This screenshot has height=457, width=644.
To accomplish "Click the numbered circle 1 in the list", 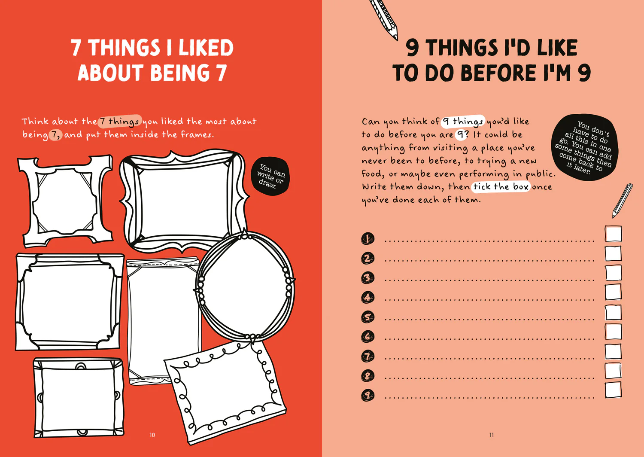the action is [368, 239].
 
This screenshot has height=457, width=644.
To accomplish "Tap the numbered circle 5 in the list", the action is [368, 317].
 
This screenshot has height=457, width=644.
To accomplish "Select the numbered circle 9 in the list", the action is [368, 395].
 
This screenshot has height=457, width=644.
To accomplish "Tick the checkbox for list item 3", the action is [613, 273].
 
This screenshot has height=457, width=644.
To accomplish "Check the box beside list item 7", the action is [613, 351].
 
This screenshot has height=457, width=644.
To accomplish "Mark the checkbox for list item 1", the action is [613, 234].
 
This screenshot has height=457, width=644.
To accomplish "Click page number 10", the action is [152, 435].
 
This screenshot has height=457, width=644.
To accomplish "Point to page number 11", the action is [492, 435].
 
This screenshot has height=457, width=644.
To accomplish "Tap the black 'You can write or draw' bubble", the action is [270, 176].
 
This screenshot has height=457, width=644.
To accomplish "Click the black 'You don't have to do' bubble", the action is [584, 148].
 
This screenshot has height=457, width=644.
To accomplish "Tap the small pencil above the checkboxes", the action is [622, 200].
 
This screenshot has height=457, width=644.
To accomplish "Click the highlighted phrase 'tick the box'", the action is [501, 187].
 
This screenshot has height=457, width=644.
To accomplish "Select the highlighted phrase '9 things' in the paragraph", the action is [463, 122].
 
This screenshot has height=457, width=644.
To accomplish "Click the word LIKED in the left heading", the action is [206, 48].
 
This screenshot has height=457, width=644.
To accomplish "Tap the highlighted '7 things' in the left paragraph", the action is [120, 122].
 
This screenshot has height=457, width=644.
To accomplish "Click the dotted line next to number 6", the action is [489, 339].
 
